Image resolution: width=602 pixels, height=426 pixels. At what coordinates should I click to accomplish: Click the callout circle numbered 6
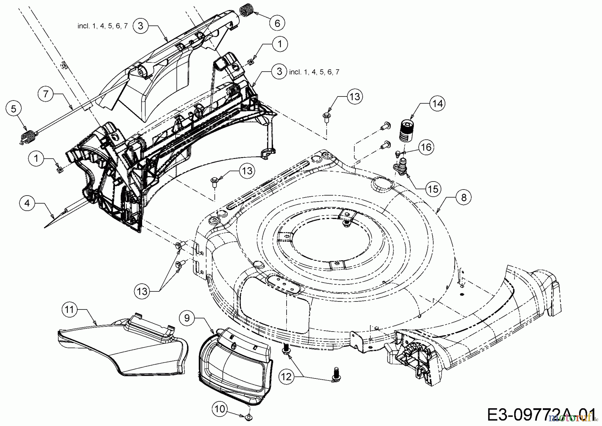(277, 23)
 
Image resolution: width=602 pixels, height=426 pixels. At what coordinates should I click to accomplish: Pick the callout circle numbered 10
(220, 409)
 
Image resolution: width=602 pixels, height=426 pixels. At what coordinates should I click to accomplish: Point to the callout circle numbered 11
(69, 309)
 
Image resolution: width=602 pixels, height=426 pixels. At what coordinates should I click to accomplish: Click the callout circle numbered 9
(187, 317)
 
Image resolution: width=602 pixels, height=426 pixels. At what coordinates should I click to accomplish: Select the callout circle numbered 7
(46, 94)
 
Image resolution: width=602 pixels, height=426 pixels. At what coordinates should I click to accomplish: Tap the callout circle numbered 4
(27, 203)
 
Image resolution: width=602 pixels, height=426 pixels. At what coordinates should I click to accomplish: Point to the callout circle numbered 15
(433, 189)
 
